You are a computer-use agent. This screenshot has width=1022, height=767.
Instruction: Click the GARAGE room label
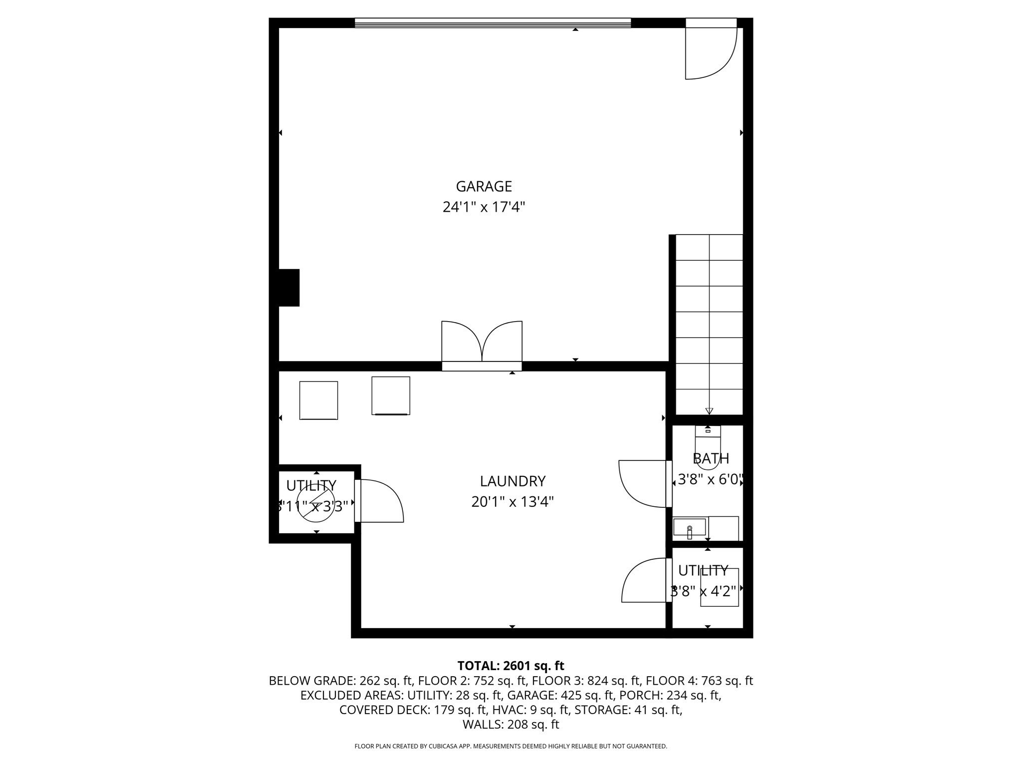coord(484,186)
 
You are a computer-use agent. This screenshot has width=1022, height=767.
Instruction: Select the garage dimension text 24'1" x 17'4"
coord(484,207)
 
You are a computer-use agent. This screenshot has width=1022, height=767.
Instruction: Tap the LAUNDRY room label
coord(512,481)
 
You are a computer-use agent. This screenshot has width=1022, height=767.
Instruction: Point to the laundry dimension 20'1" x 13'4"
coord(512,501)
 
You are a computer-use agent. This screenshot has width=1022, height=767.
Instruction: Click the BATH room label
coord(711,458)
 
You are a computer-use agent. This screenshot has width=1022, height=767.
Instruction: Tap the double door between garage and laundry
coord(482,345)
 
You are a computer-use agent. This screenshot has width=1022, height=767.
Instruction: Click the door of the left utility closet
coord(379,500)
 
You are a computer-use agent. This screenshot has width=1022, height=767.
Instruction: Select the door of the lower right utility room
coord(645,581)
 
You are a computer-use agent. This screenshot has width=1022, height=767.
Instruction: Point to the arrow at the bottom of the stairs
coord(709,411)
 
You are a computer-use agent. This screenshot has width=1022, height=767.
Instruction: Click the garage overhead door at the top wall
coord(493,22)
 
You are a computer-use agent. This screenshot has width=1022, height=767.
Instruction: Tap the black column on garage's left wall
coord(288,288)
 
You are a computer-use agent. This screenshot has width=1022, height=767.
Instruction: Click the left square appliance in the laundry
coord(318,400)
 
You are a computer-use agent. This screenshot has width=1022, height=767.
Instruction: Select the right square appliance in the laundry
coord(391,395)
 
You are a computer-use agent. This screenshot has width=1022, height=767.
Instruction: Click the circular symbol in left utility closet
coord(315,504)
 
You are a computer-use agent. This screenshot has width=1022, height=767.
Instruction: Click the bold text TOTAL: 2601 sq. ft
coord(511,666)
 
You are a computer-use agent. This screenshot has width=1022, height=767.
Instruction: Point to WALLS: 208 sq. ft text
coord(511,724)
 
